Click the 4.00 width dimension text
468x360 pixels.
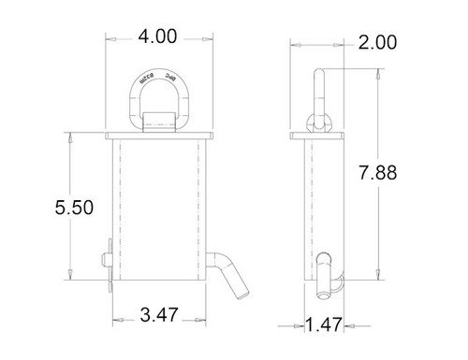click(x=157, y=36)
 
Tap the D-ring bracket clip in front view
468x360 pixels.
click(x=158, y=124)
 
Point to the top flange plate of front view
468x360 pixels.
click(x=158, y=137)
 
